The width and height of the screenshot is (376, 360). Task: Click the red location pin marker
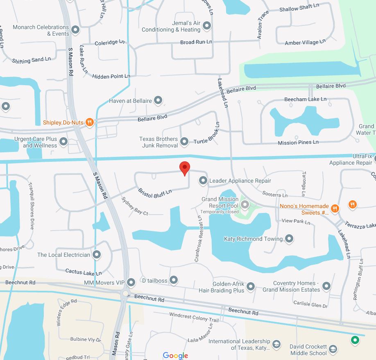point(185,168)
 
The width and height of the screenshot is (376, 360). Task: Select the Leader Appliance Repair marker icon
point(203,180)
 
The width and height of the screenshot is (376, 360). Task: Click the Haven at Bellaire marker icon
point(158,100)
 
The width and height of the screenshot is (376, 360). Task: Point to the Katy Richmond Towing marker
point(289,238)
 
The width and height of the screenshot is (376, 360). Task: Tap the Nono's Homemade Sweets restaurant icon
point(335,208)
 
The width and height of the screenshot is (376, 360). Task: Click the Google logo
point(175,355)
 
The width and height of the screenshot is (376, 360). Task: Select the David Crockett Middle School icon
point(333,349)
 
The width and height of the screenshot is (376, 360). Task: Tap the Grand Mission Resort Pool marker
point(245,204)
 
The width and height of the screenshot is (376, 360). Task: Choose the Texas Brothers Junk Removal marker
point(184,142)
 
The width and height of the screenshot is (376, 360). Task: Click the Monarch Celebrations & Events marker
point(75,30)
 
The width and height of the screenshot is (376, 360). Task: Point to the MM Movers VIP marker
point(131,282)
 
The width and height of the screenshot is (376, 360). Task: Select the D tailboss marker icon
point(174,280)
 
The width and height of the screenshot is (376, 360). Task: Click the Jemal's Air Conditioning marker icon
point(207,26)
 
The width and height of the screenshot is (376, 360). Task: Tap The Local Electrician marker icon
point(97,255)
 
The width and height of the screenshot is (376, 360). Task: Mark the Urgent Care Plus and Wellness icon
point(63,142)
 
